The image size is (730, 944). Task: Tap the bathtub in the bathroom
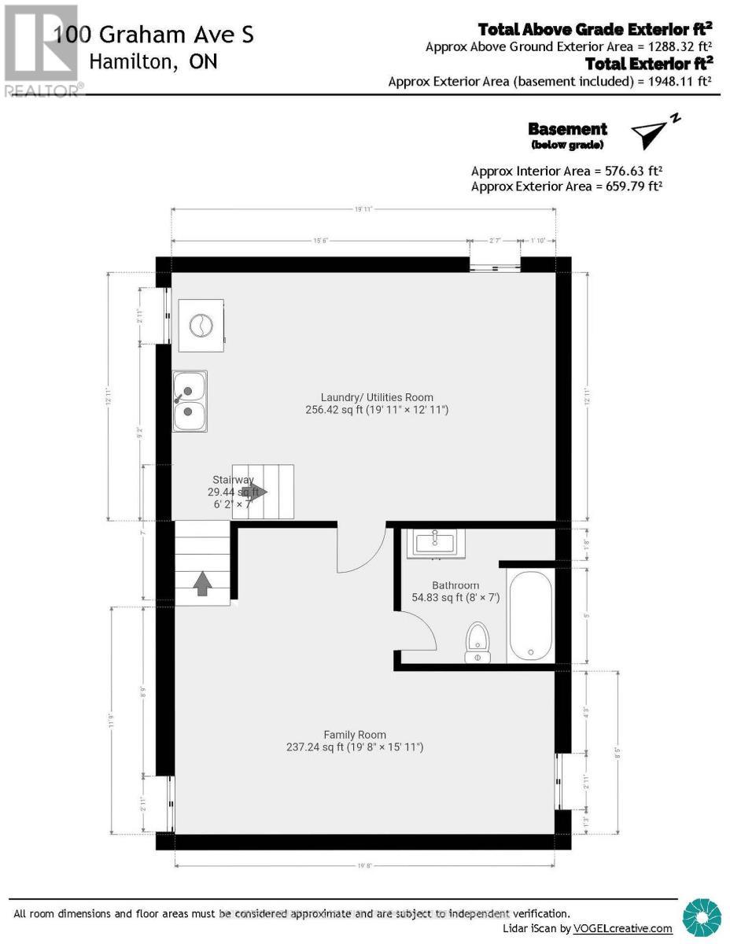click(531, 617)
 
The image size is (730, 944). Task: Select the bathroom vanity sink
click(435, 543)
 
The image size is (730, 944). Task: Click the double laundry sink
click(190, 400)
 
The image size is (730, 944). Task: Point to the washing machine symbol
click(200, 324)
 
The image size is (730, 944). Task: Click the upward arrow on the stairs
click(202, 583)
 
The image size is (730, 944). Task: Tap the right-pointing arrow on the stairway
click(258, 492)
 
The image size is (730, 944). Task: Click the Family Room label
click(355, 735)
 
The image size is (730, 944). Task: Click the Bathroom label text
click(455, 585)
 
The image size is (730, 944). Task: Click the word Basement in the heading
click(567, 129)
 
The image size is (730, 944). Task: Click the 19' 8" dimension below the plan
click(363, 866)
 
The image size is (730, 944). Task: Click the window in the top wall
click(494, 264)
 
